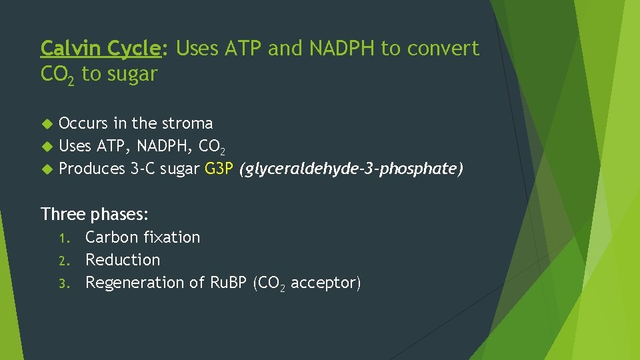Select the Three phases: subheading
[94, 214]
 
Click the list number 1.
[63, 238]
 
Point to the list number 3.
[63, 283]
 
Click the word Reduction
[123, 260]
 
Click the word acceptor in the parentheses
[325, 283]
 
